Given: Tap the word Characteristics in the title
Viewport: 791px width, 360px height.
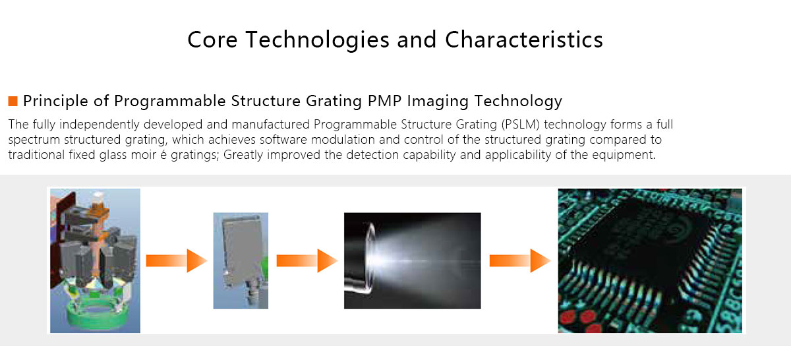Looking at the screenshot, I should [524, 40].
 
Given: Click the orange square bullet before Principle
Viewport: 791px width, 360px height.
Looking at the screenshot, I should [13, 101].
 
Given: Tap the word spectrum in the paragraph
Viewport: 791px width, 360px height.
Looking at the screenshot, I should [32, 140].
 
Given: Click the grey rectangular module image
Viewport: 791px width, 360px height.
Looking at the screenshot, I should [240, 260].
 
